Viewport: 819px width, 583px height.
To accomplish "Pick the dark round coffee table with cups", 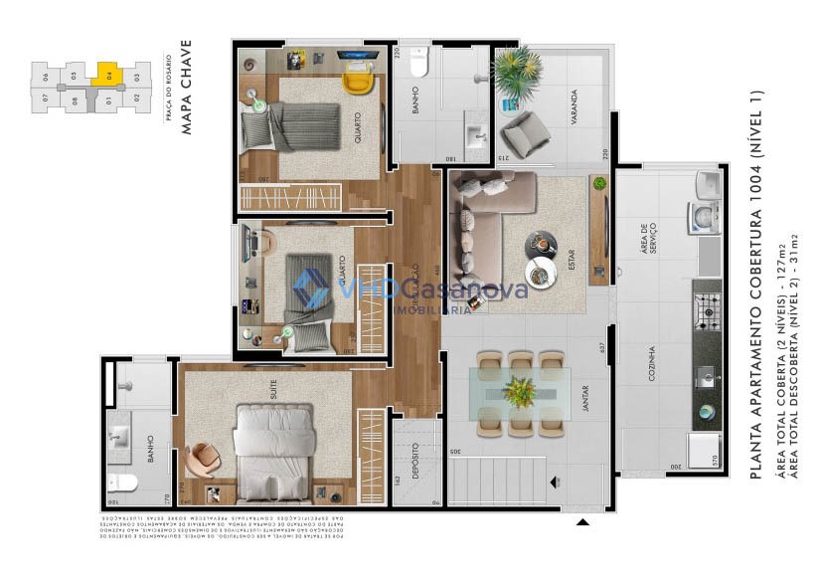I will (x=543, y=243).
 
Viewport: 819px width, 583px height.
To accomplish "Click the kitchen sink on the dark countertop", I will (x=707, y=376).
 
